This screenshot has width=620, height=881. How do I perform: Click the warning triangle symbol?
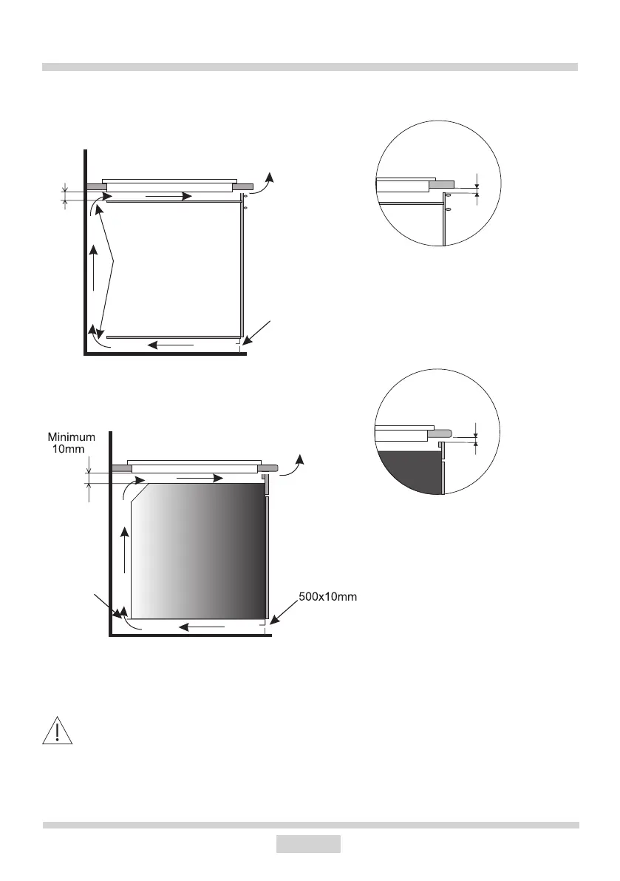(x=57, y=731)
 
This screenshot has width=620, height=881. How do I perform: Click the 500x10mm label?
(x=327, y=597)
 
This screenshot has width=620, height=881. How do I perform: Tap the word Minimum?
(x=71, y=437)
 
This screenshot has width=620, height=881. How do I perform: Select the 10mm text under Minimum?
(x=69, y=449)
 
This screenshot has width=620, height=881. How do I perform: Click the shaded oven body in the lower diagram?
(x=197, y=550)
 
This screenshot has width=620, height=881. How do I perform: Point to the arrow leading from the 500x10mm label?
(x=284, y=611)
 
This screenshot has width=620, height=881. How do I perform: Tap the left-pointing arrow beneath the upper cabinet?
(x=171, y=345)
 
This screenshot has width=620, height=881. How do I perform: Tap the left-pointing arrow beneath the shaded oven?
(x=202, y=627)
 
